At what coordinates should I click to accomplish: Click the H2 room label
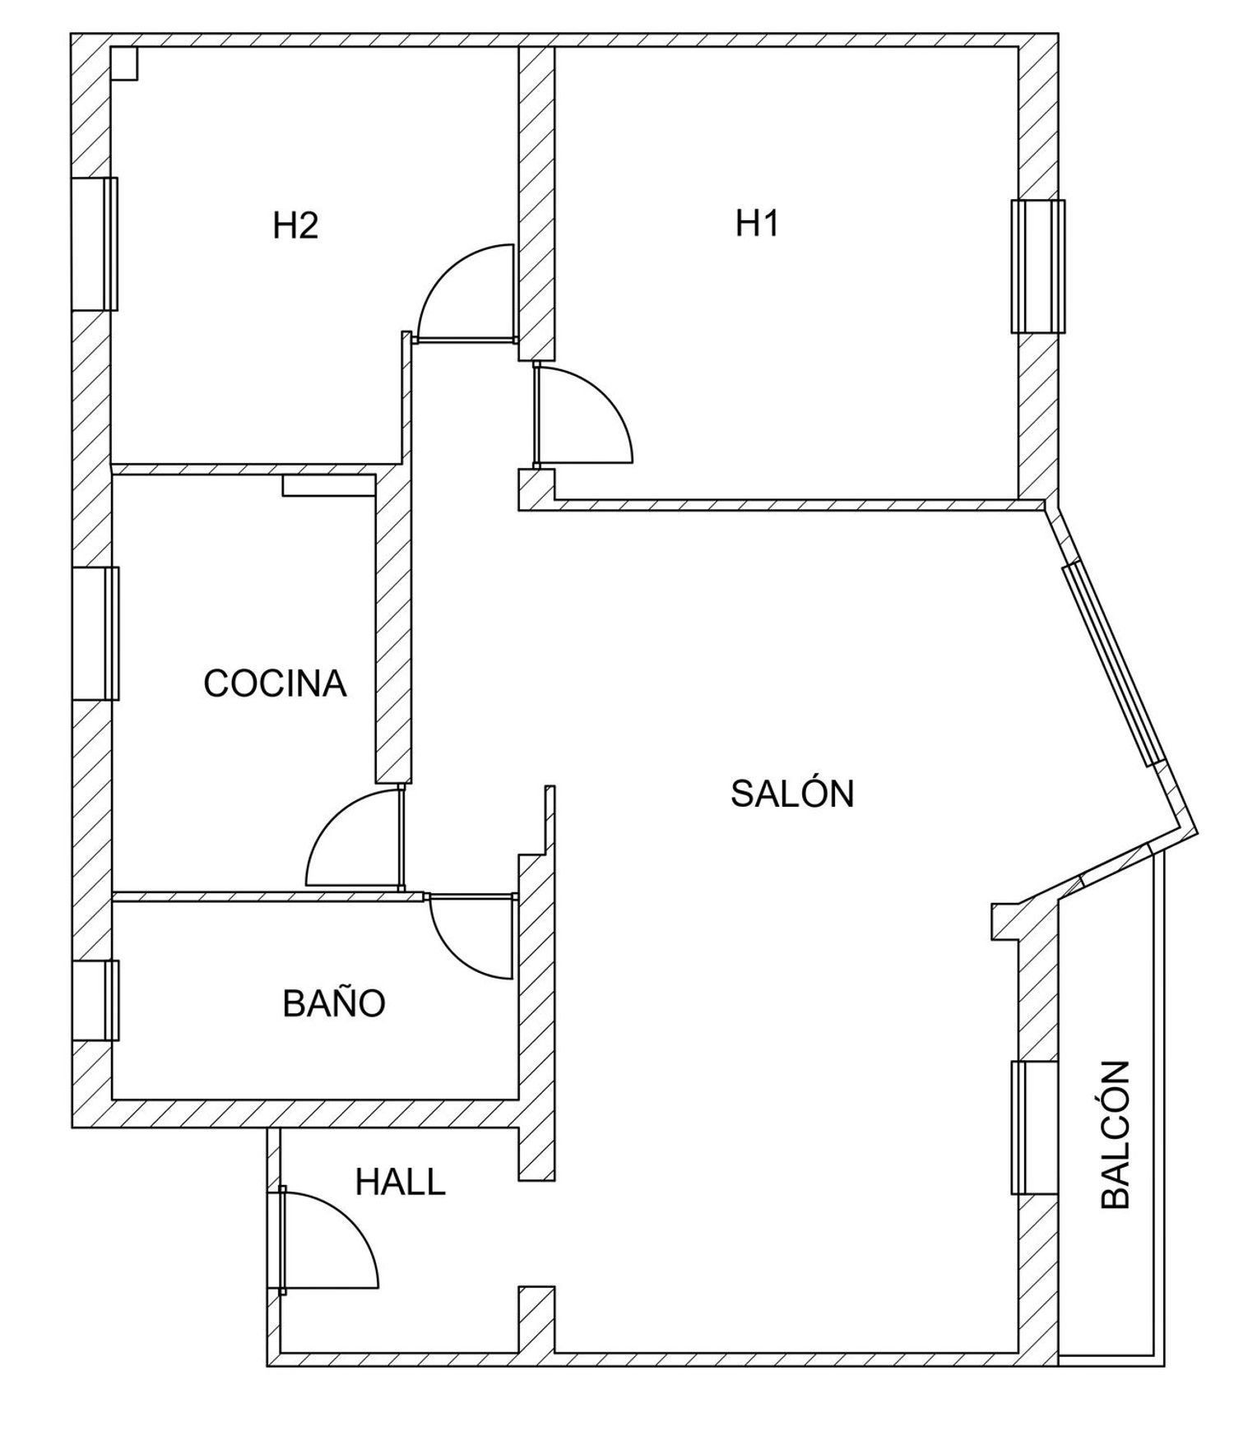[295, 225]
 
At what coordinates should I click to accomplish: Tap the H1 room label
[757, 223]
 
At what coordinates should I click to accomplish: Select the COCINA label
[275, 683]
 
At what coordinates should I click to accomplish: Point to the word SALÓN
[792, 794]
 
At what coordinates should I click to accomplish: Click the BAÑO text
[334, 1003]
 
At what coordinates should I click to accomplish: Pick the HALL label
[400, 1183]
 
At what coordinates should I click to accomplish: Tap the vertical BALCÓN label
[1116, 1135]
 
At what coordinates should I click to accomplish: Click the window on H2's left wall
[95, 244]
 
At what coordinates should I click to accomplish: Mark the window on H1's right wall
[1037, 266]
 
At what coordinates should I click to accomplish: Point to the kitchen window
[95, 633]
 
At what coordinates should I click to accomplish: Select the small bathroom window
[95, 1000]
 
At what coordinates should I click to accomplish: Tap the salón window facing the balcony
[1034, 1127]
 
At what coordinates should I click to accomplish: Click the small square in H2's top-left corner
[124, 63]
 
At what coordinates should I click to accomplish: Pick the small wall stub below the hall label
[536, 1319]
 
